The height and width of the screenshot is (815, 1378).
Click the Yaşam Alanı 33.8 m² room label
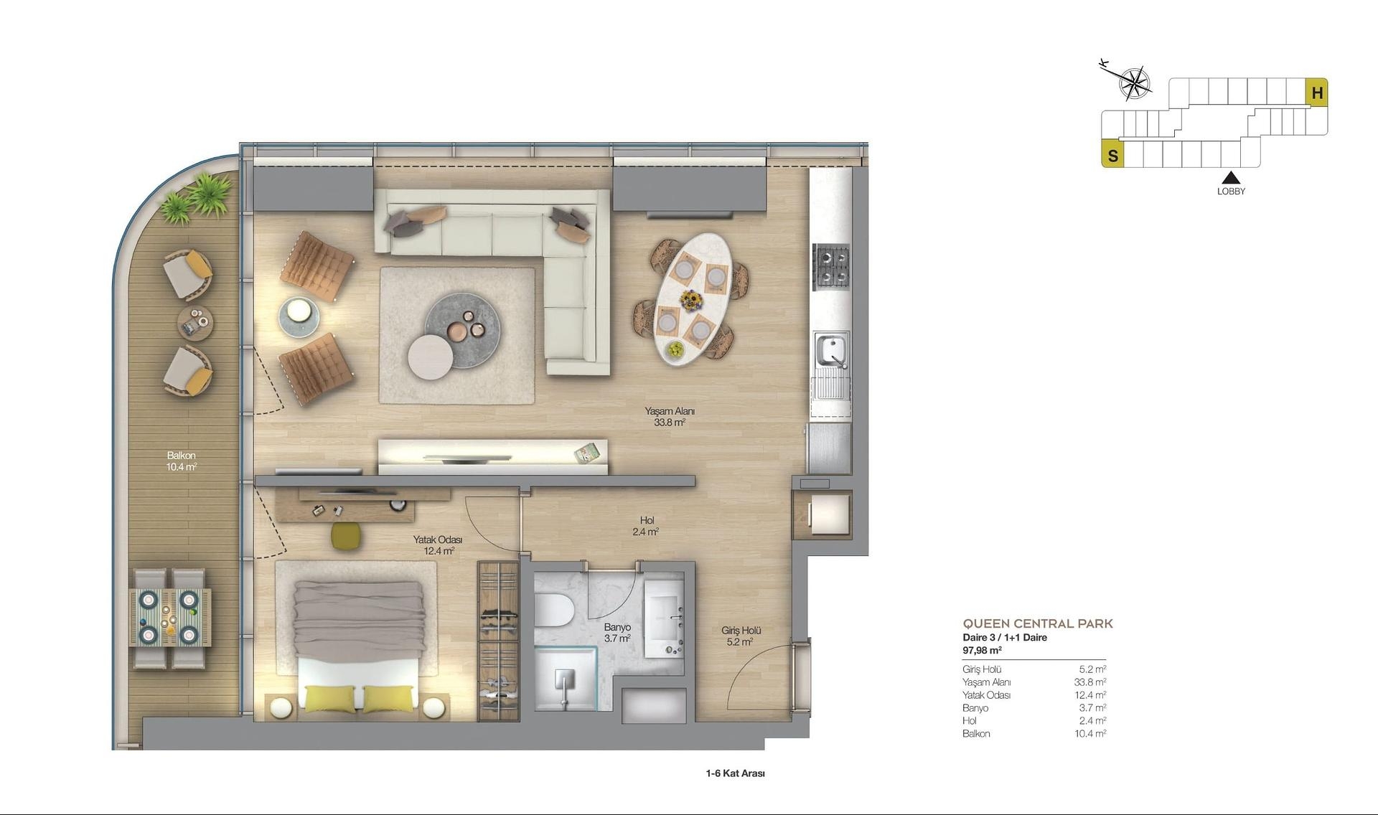(669, 417)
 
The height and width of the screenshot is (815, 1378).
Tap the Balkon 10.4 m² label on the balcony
(181, 461)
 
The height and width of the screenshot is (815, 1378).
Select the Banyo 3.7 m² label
(617, 632)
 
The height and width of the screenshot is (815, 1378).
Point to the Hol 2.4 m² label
(646, 526)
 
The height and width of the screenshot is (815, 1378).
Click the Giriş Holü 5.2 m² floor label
(741, 636)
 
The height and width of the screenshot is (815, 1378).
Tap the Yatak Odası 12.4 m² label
(438, 545)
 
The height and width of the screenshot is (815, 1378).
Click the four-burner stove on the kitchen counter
(830, 265)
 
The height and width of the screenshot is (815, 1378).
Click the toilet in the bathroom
(553, 611)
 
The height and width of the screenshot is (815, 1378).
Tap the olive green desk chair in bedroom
(347, 537)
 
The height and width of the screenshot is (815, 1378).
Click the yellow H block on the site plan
(1317, 93)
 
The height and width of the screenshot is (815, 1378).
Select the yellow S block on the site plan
(1112, 155)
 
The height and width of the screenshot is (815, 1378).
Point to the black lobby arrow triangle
(1231, 177)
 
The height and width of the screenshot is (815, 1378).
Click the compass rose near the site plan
(1133, 83)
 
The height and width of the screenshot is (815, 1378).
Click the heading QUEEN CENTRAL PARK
(1037, 623)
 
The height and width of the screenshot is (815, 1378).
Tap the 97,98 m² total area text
(982, 651)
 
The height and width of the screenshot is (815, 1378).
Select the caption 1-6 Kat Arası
(735, 773)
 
